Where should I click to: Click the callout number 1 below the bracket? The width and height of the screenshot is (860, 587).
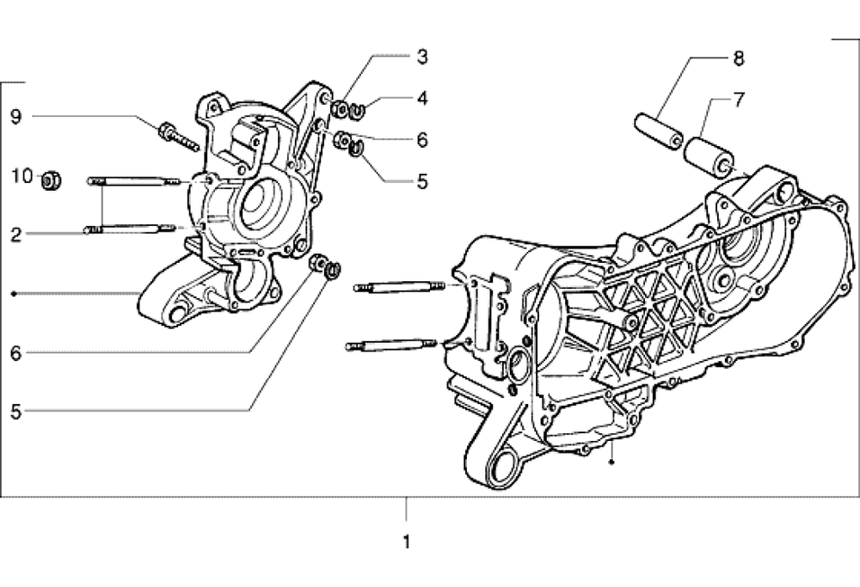407,542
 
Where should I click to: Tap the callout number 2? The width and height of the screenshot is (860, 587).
16,235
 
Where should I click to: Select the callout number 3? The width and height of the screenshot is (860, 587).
421,57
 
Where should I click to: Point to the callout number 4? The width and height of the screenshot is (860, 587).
421,99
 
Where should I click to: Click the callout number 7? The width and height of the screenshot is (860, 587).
739,100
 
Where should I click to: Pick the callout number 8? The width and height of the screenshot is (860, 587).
739,58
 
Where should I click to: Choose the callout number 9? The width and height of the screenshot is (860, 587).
16,117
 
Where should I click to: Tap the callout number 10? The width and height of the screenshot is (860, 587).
22,176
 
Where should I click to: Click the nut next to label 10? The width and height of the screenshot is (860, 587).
52,180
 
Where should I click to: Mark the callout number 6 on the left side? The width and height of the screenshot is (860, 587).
15,353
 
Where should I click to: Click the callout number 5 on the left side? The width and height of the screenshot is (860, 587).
15,412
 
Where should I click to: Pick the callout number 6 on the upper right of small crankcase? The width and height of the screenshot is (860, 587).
421,140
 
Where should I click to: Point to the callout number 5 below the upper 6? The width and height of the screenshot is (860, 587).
421,181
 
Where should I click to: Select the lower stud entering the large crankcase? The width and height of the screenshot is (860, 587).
391,345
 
